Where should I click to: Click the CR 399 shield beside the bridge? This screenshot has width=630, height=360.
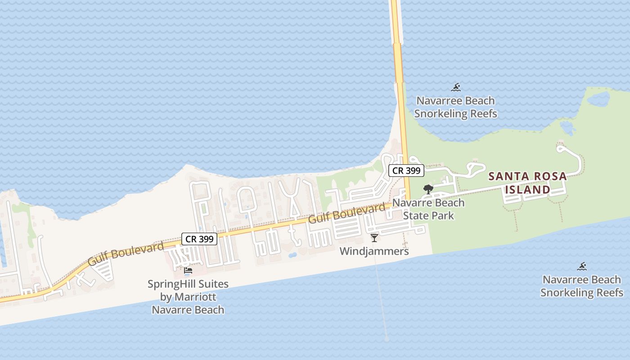point(406,171)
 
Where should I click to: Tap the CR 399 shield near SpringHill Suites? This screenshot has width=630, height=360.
point(199,239)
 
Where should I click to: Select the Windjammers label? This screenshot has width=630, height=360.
point(374,251)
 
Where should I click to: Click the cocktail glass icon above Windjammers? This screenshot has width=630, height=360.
point(374,238)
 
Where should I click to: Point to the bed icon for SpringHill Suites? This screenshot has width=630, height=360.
point(188,270)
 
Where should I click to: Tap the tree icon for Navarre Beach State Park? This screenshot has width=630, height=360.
point(428,189)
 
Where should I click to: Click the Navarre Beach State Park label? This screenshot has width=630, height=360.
point(428,209)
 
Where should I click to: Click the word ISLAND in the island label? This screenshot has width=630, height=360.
point(527,190)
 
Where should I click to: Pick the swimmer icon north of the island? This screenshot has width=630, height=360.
point(456,87)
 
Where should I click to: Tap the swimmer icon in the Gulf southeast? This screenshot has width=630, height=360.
point(582,266)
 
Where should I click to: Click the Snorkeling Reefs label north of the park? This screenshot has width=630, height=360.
point(455,107)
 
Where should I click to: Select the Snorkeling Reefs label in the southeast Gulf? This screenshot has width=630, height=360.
point(582,286)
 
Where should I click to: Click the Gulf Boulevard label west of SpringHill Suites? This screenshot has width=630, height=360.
point(126,253)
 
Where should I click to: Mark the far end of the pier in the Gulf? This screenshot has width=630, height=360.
point(387,339)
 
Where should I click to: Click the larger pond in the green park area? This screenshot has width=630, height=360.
point(598,99)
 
